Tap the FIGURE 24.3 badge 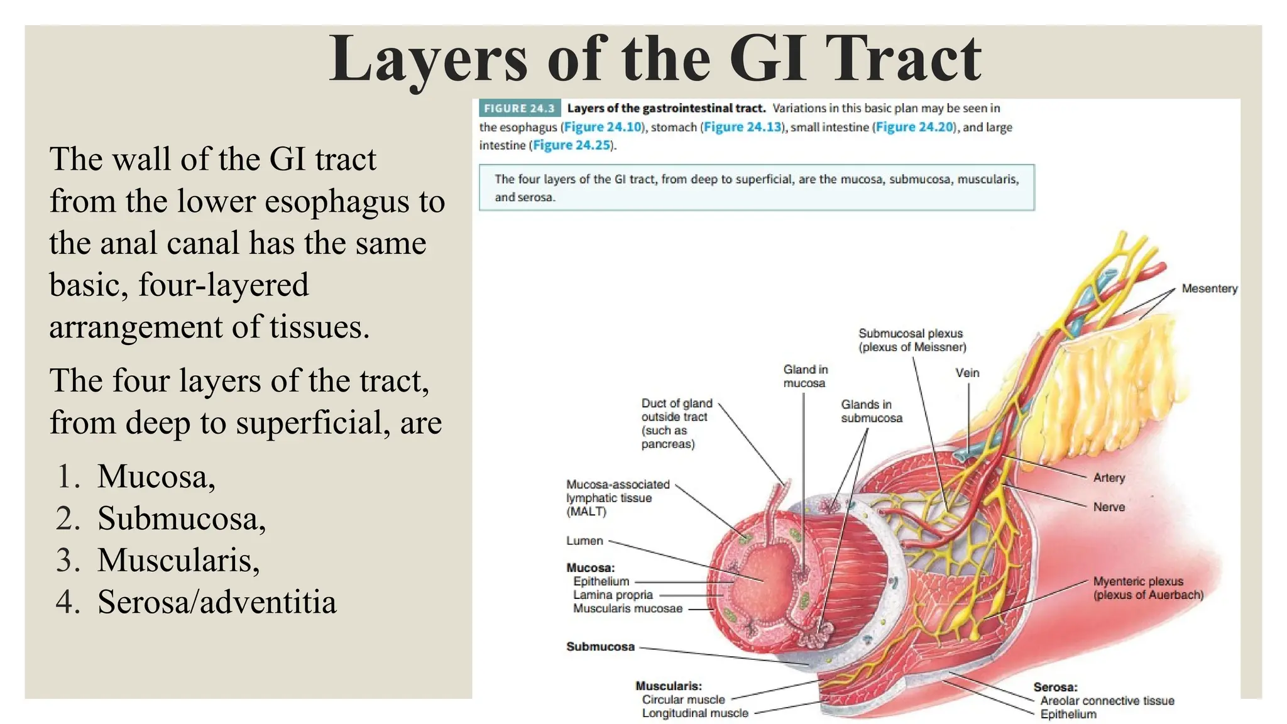click(519, 108)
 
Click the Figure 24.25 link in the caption click(572, 145)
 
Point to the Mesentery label click(1209, 288)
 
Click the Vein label click(967, 373)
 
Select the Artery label click(1109, 478)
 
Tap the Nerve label click(1109, 507)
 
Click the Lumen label click(584, 540)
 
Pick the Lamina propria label click(613, 595)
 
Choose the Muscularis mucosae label click(627, 608)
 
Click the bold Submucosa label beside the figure click(600, 647)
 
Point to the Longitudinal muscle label click(695, 713)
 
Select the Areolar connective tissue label click(1107, 701)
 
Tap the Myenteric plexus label click(1138, 581)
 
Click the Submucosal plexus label click(911, 333)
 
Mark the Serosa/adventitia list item click(217, 602)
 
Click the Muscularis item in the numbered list click(178, 560)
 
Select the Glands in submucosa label click(871, 411)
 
